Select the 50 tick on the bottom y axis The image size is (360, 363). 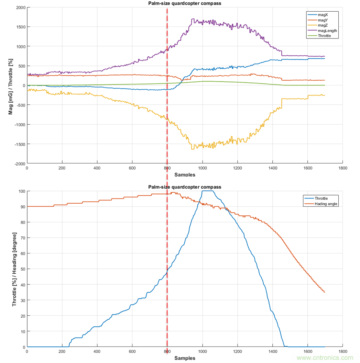[x=22, y=269]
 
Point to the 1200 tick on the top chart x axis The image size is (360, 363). [x=237, y=169]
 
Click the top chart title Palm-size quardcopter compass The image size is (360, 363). [x=185, y=3]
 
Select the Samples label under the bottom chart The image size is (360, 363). [x=185, y=358]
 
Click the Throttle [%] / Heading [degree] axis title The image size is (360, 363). [x=14, y=269]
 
